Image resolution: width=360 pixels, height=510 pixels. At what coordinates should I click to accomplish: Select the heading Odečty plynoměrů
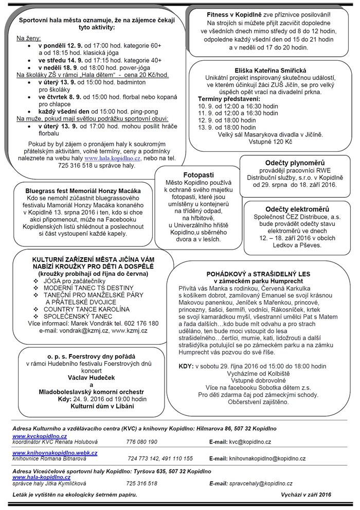pos(287,163)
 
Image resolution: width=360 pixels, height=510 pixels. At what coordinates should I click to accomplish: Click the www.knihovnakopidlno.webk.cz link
pos(55,452)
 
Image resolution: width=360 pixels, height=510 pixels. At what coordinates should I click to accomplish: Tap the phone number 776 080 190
pos(141,442)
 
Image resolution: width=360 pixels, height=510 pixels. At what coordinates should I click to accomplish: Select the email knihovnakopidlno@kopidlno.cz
pos(267,458)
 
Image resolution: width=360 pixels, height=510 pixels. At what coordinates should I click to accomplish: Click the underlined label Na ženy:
pos(29,38)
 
